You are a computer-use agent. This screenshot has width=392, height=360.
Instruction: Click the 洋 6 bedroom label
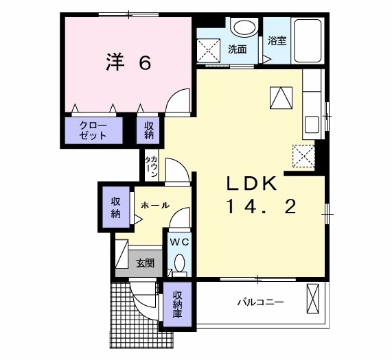(x=128, y=62)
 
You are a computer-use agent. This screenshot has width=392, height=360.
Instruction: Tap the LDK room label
(x=252, y=184)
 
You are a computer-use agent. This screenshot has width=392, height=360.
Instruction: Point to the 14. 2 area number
(x=262, y=206)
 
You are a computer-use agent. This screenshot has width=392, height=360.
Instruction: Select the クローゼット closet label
(x=93, y=130)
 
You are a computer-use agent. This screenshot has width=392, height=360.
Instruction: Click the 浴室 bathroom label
(x=277, y=40)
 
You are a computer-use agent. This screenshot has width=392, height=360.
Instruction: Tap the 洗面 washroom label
(x=238, y=49)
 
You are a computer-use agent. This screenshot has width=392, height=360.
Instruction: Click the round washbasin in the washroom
(x=245, y=27)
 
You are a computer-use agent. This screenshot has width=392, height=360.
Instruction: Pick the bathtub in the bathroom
(x=308, y=40)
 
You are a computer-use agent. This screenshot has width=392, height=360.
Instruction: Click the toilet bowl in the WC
(x=179, y=263)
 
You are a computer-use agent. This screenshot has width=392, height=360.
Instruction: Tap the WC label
(x=179, y=242)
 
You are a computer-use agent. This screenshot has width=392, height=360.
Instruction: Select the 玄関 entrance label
(x=145, y=263)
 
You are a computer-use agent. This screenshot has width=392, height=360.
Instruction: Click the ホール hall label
(x=155, y=206)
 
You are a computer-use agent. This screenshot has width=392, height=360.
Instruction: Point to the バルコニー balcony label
(x=260, y=302)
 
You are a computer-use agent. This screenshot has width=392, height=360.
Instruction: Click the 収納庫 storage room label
(x=177, y=304)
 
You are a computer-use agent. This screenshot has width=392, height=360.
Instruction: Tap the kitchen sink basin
(x=311, y=125)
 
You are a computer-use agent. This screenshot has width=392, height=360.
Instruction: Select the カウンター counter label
(x=152, y=167)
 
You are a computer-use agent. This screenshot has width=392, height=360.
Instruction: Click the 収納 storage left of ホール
(x=116, y=208)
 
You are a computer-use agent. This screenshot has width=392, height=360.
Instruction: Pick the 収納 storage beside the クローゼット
(x=148, y=130)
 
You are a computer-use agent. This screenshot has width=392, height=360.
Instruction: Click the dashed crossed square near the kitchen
(x=303, y=156)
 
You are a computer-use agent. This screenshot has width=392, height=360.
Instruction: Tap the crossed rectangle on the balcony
(x=313, y=298)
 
